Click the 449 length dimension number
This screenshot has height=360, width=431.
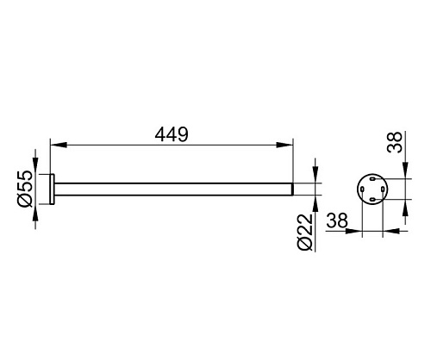click(x=172, y=134)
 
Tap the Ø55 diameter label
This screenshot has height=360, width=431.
click(x=24, y=189)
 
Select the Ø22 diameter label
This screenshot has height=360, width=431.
click(x=304, y=232)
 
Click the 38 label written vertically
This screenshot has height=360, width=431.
click(x=395, y=142)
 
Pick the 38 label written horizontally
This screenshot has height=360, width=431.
click(x=337, y=220)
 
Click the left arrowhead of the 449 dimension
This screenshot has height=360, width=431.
click(x=59, y=145)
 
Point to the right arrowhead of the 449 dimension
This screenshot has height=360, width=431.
click(x=284, y=145)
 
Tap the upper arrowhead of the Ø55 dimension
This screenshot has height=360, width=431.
click(x=35, y=166)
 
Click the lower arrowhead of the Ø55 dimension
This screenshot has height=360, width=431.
click(x=35, y=213)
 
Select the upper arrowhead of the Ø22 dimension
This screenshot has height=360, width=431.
click(x=315, y=175)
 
